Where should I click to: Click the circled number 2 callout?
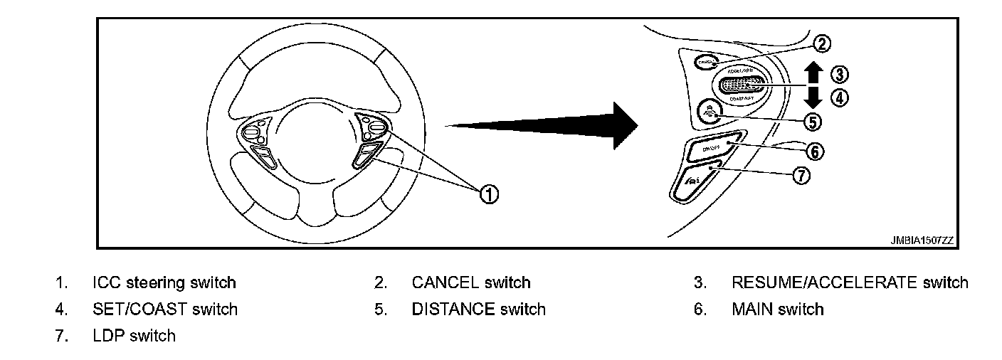coord(821,44)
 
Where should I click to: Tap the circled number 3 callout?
coord(840,74)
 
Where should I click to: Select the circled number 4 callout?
coord(840,98)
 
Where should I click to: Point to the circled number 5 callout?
coord(812,122)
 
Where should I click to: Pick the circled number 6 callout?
coord(816,152)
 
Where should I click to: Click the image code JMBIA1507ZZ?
coord(921,241)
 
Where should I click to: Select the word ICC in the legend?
coord(107,282)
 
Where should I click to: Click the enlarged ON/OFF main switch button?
coord(712,147)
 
